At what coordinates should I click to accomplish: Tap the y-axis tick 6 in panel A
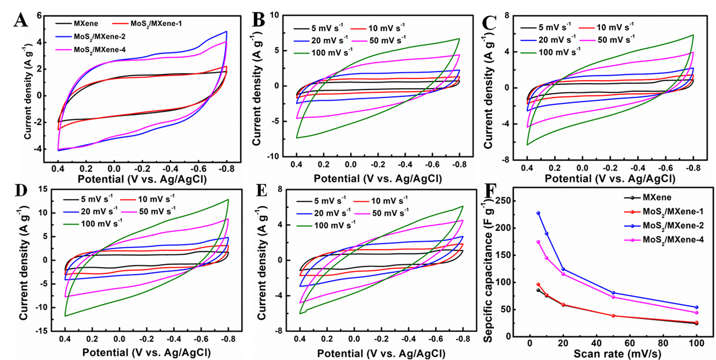point(39,16)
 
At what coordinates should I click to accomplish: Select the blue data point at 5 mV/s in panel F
point(538,213)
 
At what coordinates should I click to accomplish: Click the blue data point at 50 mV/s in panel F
point(613,293)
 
